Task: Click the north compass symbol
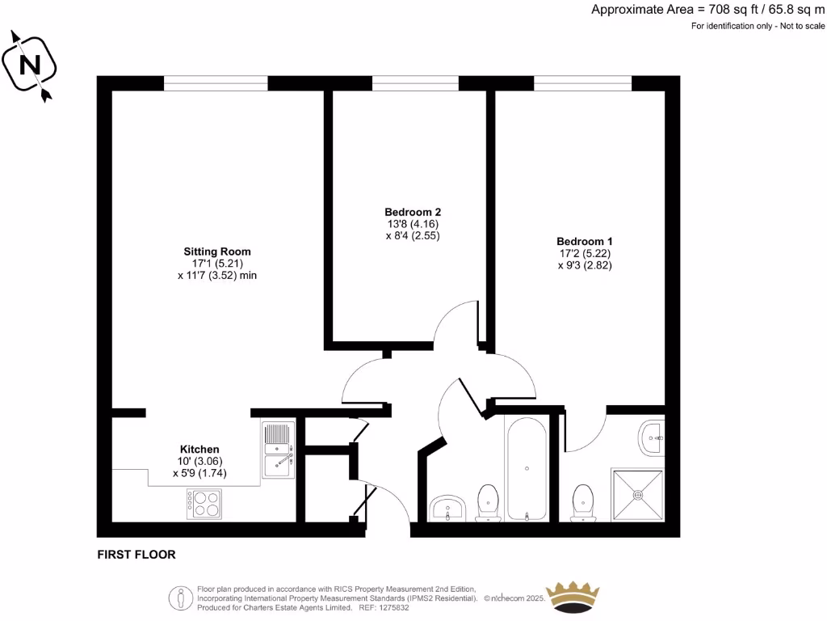click(31, 65)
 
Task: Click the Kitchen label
click(199, 449)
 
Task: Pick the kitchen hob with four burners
click(204, 505)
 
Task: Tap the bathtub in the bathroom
click(527, 468)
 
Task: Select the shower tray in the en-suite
click(638, 492)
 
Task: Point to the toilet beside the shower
click(582, 503)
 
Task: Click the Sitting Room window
click(216, 83)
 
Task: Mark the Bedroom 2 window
click(415, 83)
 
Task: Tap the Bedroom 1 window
click(582, 83)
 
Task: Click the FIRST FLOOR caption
click(136, 555)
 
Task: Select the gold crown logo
click(574, 597)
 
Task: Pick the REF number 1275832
click(392, 607)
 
